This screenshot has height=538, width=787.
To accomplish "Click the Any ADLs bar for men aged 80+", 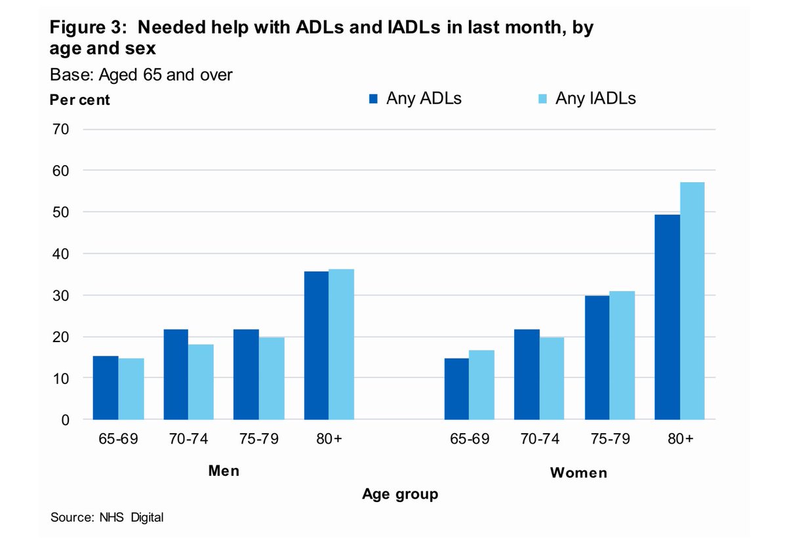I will click(317, 345).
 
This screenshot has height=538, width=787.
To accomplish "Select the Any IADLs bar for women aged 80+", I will click(692, 301).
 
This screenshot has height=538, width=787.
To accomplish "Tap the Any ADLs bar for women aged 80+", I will click(667, 317).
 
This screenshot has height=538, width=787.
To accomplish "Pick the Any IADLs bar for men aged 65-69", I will click(131, 389).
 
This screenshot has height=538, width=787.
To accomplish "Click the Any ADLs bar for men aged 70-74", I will click(176, 374).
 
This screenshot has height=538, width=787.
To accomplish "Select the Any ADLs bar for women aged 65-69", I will click(456, 389).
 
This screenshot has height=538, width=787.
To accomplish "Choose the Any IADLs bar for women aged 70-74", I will click(552, 378).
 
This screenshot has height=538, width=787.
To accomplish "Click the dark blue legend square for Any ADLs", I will click(373, 99).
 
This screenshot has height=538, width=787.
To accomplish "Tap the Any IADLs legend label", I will click(595, 98).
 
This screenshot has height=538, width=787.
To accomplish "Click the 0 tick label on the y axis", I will click(65, 420).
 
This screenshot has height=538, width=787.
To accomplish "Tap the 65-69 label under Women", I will click(470, 439).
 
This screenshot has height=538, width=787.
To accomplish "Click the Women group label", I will click(578, 472).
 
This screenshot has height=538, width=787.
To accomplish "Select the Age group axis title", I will click(400, 494).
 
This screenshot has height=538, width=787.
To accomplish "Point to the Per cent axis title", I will click(80, 101).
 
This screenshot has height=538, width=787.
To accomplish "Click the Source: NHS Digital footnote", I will click(107, 518).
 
